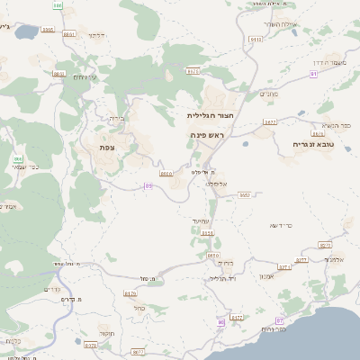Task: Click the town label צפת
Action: click(107, 147)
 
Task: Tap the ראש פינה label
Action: click(207, 134)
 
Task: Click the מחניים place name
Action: click(269, 94)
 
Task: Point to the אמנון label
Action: click(265, 275)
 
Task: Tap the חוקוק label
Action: click(105, 334)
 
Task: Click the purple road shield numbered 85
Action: click(148, 186)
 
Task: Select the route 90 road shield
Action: click(220, 321)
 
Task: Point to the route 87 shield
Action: click(280, 320)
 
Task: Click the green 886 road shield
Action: click(58, 5)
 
